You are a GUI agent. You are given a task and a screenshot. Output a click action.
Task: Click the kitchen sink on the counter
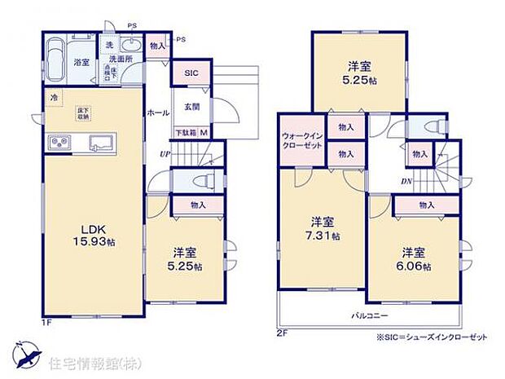[103, 143]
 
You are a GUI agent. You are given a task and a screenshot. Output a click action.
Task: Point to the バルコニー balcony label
[370, 315]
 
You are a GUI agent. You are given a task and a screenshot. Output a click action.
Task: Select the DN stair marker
[404, 182]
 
